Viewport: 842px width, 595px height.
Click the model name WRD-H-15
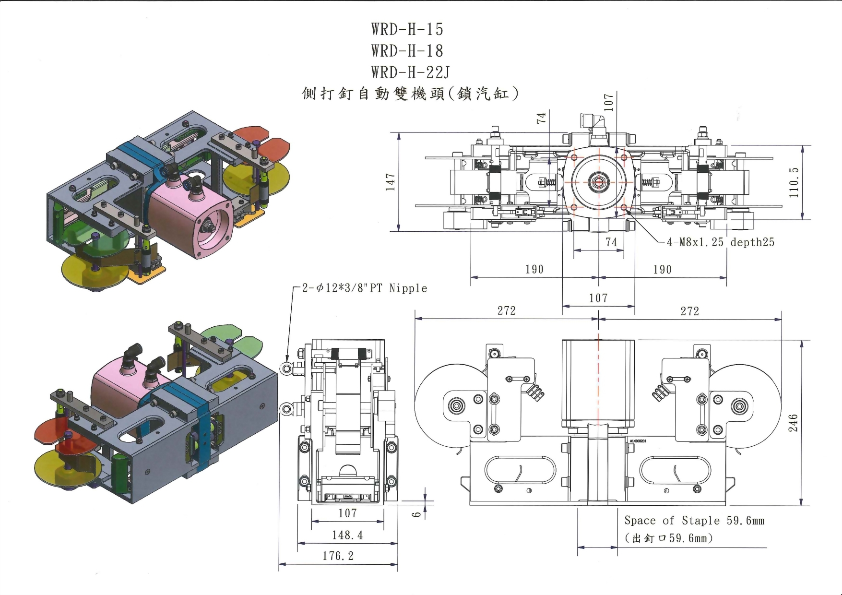tap(407, 29)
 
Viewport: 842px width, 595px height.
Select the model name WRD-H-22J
tap(410, 72)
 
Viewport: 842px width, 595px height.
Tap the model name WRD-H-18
tap(407, 51)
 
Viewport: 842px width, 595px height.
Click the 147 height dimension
tap(391, 182)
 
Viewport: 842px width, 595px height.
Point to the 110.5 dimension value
tap(794, 182)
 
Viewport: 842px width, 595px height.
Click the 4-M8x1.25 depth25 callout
tap(720, 242)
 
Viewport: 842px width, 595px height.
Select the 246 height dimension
tap(793, 423)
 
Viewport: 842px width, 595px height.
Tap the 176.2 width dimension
tap(338, 556)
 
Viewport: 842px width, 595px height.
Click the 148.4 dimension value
tap(347, 535)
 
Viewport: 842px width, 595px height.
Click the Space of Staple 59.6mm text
tap(694, 521)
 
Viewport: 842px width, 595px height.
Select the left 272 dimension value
tap(506, 311)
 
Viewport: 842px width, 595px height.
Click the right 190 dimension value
tap(662, 270)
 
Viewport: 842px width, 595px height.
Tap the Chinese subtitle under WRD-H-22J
tap(410, 93)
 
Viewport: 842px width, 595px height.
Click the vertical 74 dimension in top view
tap(541, 117)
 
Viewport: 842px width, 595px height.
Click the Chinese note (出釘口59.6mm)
tap(668, 538)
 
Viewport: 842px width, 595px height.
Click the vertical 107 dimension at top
tap(608, 102)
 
